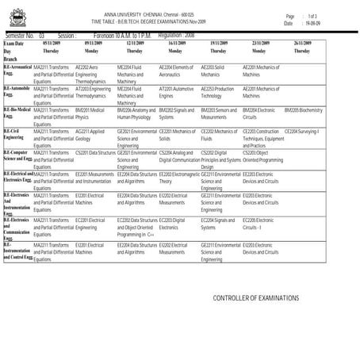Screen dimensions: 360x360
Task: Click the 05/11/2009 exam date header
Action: click(x=45, y=43)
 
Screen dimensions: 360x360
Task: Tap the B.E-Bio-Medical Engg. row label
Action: click(x=17, y=112)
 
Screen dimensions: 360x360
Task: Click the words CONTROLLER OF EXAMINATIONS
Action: click(x=256, y=298)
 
